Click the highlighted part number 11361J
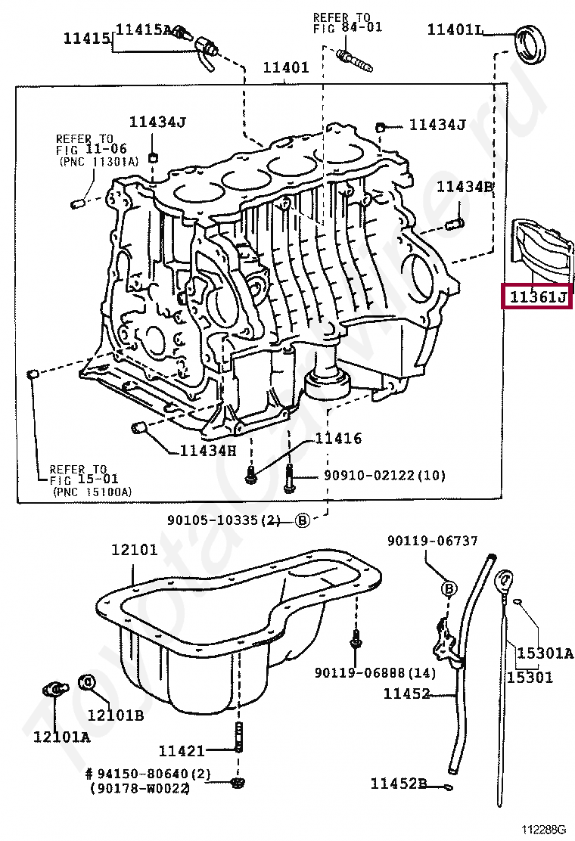pyautogui.click(x=537, y=297)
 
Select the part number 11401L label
pyautogui.click(x=454, y=29)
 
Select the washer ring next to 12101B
pyautogui.click(x=88, y=683)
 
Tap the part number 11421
pyautogui.click(x=181, y=750)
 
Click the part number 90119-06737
pyautogui.click(x=432, y=541)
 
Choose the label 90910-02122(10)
pyautogui.click(x=384, y=476)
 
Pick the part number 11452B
pyautogui.click(x=399, y=784)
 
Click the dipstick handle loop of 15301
pyautogui.click(x=505, y=584)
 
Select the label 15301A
pyautogui.click(x=545, y=653)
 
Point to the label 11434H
pyautogui.click(x=208, y=451)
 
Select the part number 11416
pyautogui.click(x=338, y=438)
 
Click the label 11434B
pyautogui.click(x=465, y=186)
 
